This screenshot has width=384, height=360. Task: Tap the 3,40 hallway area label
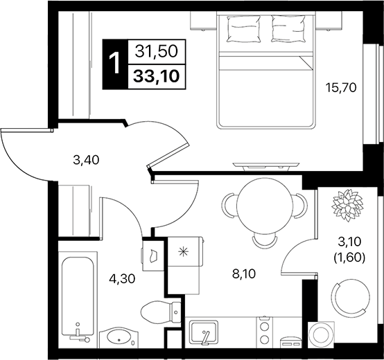tap(87, 160)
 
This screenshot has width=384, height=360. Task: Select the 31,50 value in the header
tap(157, 50)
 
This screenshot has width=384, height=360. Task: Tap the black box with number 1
tap(114, 63)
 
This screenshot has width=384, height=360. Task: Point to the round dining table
tap(262, 204)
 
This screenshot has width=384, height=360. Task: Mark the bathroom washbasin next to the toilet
tap(119, 339)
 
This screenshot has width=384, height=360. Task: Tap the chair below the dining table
tap(263, 240)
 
